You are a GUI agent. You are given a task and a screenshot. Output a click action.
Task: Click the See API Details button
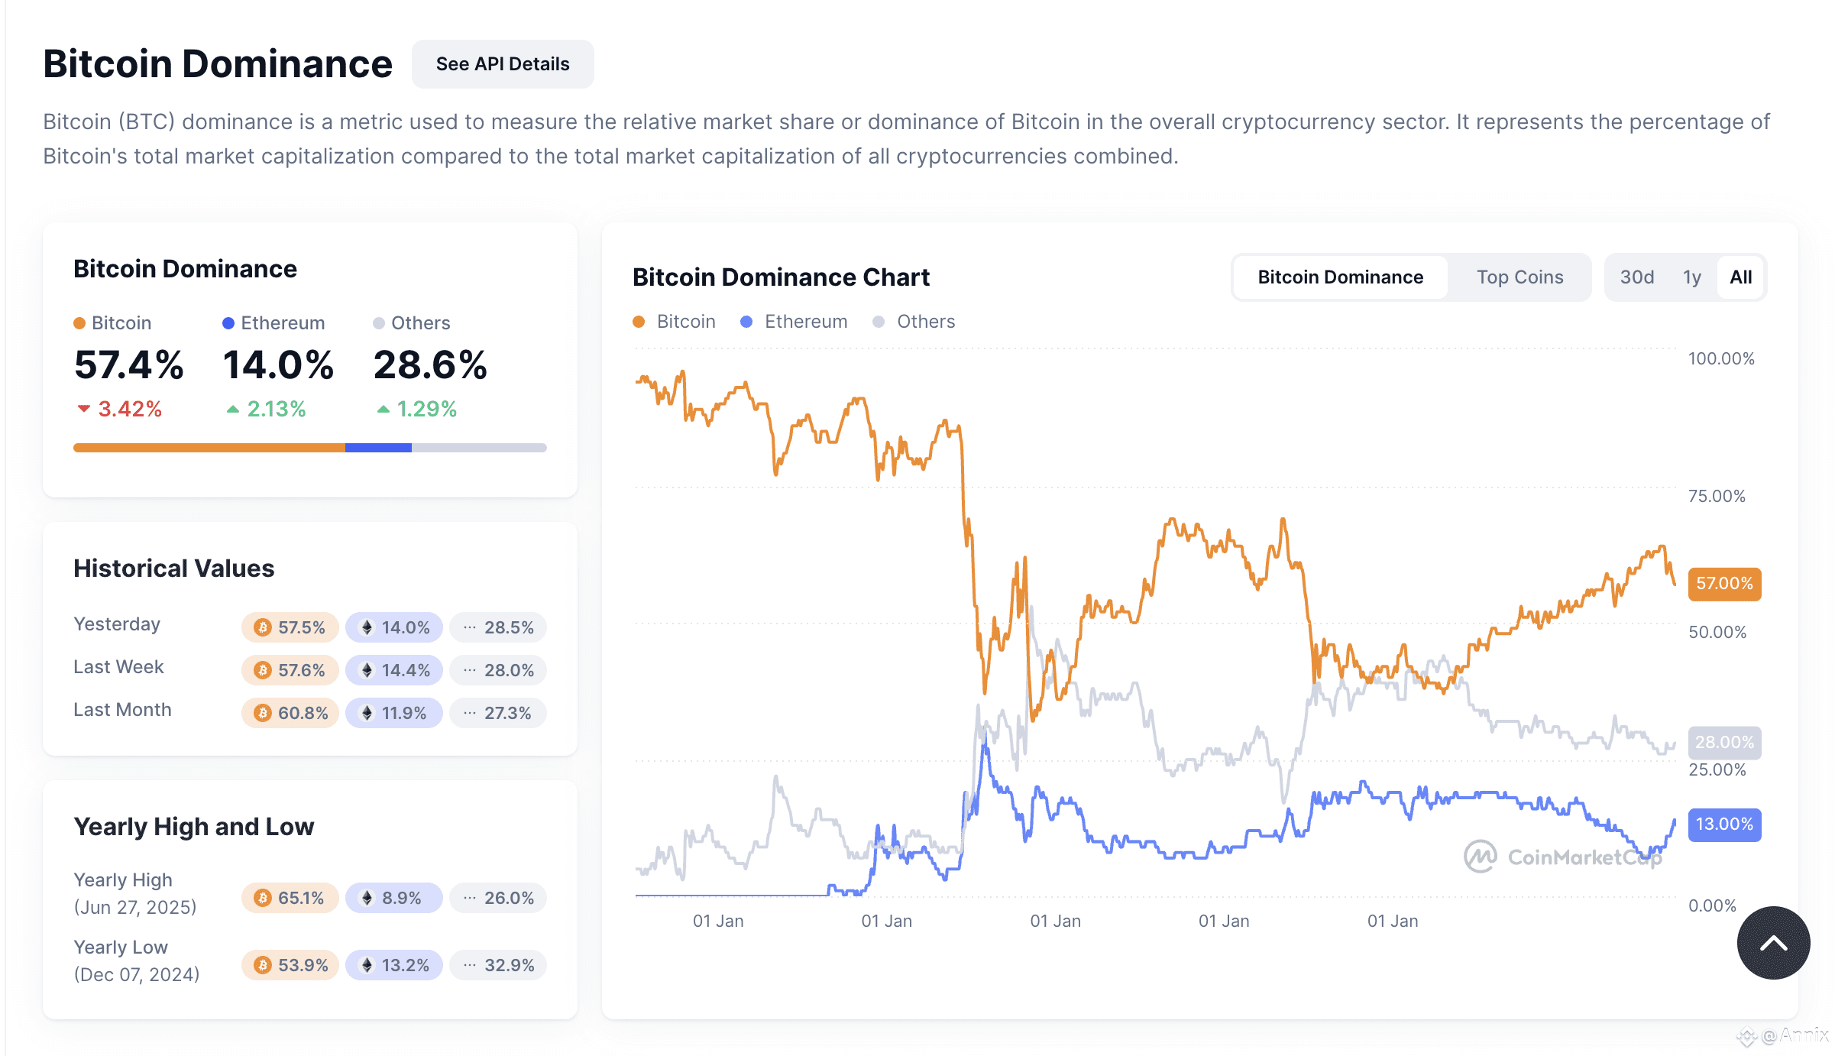(x=503, y=64)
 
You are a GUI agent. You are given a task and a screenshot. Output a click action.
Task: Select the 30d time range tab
(x=1636, y=277)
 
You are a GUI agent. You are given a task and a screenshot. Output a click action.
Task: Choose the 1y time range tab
(x=1691, y=277)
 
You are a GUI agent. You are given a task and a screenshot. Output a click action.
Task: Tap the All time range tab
(x=1740, y=277)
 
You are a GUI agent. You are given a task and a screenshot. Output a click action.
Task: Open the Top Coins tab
(x=1519, y=277)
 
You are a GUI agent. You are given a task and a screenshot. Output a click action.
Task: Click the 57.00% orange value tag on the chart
(x=1724, y=584)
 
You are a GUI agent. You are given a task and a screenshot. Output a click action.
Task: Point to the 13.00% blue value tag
(x=1724, y=824)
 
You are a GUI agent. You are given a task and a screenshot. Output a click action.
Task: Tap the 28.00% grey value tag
(x=1724, y=743)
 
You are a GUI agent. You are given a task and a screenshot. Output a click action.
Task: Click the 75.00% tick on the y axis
(x=1717, y=496)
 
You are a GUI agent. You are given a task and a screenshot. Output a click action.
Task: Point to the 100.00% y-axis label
(x=1720, y=359)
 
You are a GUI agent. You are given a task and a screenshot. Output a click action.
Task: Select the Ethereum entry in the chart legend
(x=805, y=322)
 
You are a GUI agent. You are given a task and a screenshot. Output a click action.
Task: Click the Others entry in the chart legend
(x=925, y=322)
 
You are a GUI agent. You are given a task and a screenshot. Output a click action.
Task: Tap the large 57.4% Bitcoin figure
(x=128, y=365)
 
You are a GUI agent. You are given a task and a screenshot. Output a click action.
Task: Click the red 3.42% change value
(x=129, y=410)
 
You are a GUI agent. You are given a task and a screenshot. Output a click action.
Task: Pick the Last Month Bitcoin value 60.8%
(x=290, y=713)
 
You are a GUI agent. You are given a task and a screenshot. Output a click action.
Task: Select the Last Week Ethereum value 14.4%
(x=394, y=670)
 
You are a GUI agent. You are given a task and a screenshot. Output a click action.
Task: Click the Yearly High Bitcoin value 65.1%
(x=290, y=898)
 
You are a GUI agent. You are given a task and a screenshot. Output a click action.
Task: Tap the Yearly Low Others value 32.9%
(x=498, y=965)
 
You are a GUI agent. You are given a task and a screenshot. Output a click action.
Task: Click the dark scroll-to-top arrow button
(x=1773, y=943)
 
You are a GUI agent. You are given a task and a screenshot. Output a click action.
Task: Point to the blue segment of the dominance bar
(x=378, y=448)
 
